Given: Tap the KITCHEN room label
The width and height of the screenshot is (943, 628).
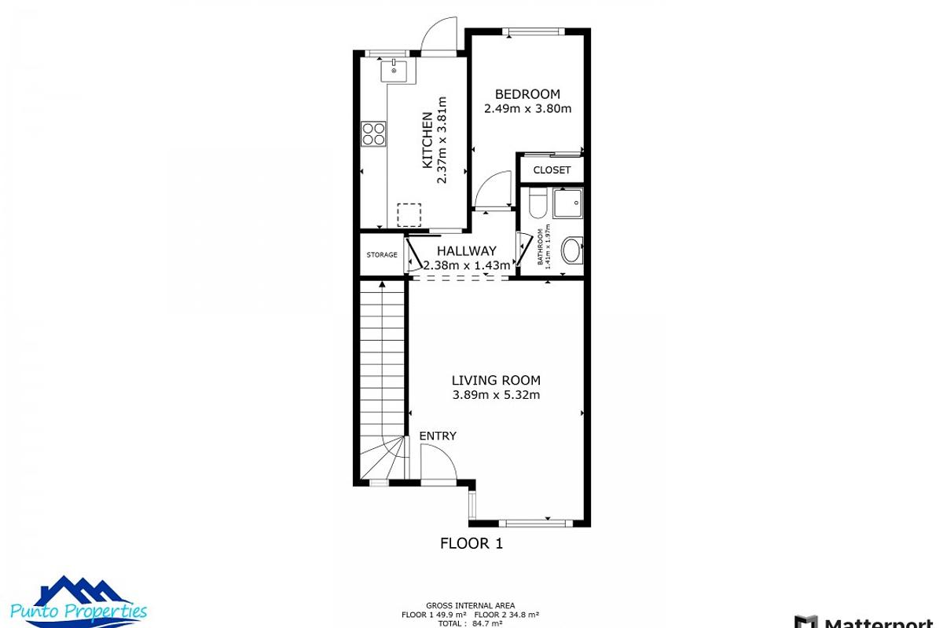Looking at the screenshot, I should pyautogui.click(x=427, y=141).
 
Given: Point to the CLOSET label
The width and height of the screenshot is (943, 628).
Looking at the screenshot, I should pyautogui.click(x=552, y=170).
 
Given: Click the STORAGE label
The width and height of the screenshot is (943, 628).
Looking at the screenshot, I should pyautogui.click(x=382, y=254).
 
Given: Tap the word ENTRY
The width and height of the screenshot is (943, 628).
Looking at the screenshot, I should pyautogui.click(x=438, y=436).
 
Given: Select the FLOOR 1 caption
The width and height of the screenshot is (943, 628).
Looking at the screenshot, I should pyautogui.click(x=471, y=542).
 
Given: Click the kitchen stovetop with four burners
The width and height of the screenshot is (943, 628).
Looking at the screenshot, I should pyautogui.click(x=374, y=134).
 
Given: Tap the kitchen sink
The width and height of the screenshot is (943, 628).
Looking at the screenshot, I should pyautogui.click(x=394, y=71).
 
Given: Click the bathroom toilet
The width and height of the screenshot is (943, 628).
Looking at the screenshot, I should pyautogui.click(x=538, y=203).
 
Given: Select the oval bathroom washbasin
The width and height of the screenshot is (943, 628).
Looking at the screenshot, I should pyautogui.click(x=571, y=250).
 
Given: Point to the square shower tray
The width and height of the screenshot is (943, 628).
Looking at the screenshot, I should pyautogui.click(x=568, y=204).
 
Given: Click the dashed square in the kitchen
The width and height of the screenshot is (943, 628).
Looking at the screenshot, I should pyautogui.click(x=409, y=214).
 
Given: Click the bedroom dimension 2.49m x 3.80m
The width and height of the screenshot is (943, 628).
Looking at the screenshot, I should pyautogui.click(x=527, y=109).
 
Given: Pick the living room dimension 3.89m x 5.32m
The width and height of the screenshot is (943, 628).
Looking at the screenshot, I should pyautogui.click(x=496, y=395).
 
